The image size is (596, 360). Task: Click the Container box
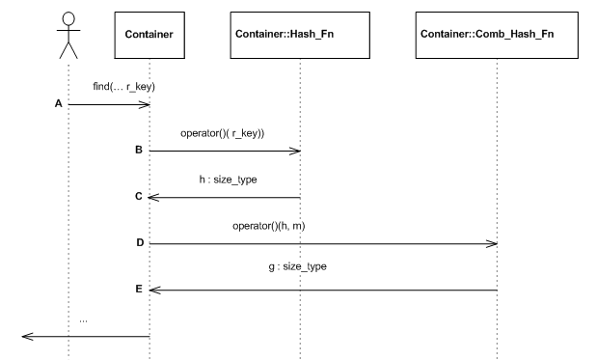pyautogui.click(x=149, y=35)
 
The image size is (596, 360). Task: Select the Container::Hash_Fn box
pyautogui.click(x=300, y=35)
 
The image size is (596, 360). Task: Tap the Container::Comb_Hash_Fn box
pyautogui.click(x=496, y=35)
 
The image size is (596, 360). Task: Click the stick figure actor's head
pyautogui.click(x=68, y=18)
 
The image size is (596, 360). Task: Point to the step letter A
pyautogui.click(x=57, y=103)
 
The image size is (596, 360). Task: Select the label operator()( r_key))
pyautogui.click(x=223, y=133)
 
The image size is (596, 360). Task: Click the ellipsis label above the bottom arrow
pyautogui.click(x=83, y=318)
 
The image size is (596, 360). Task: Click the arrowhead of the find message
pyautogui.click(x=145, y=103)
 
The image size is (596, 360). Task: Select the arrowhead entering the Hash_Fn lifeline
pyautogui.click(x=295, y=151)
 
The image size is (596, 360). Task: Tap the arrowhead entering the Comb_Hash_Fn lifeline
pyautogui.click(x=491, y=243)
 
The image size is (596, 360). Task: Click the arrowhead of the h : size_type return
pyautogui.click(x=154, y=197)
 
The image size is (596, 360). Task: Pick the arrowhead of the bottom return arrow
pyautogui.click(x=26, y=337)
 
